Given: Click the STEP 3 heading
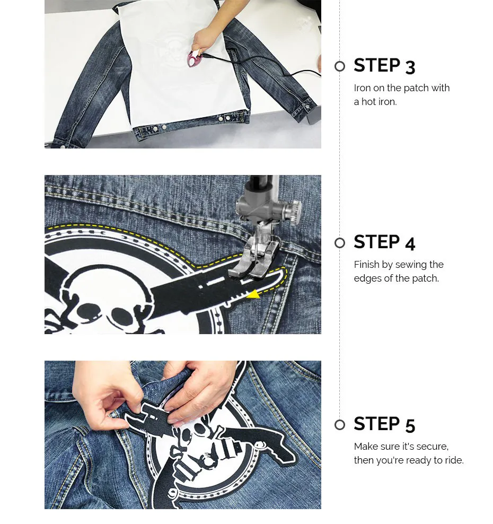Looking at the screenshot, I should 384,66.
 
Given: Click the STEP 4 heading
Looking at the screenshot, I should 384,242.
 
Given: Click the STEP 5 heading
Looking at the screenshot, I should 384,424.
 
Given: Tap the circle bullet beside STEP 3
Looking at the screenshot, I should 340,66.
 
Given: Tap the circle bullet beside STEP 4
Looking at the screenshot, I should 340,243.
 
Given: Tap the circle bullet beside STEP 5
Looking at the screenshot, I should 340,425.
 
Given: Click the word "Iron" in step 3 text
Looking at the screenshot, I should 362,88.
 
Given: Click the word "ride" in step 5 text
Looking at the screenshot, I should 453,460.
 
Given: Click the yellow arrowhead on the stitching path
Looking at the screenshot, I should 253,294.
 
